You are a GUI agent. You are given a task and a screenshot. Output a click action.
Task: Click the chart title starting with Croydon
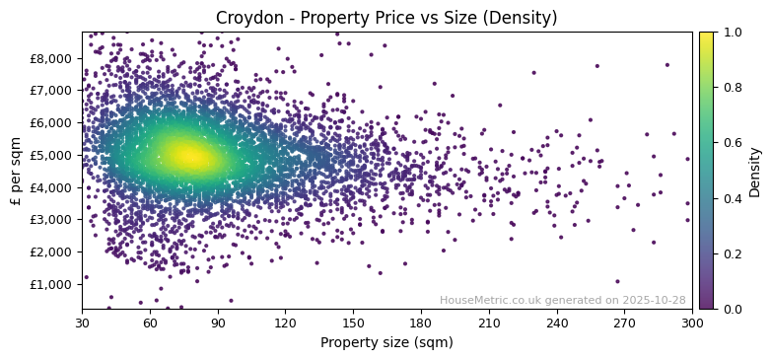point(386,18)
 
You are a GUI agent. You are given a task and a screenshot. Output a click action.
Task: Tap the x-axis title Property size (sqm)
point(386,342)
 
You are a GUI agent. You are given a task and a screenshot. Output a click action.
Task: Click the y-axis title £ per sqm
point(15,171)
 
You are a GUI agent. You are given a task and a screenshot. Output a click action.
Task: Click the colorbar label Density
point(755,171)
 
